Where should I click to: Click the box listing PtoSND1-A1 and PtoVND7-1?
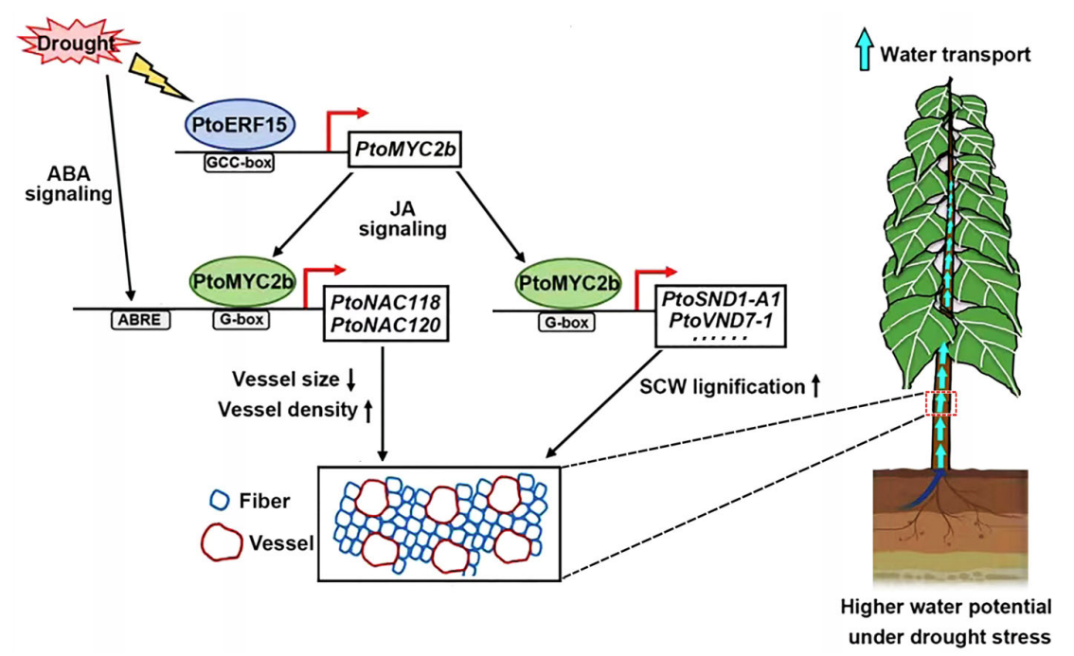[715, 313]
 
